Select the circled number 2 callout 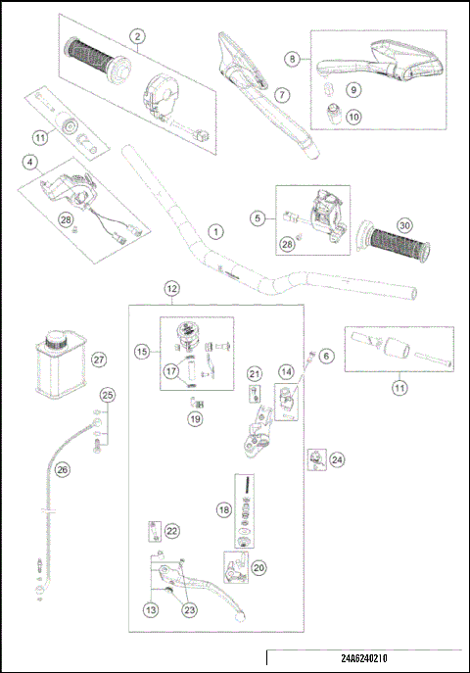coord(139,36)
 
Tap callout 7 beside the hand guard coord(281,95)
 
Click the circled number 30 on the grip coord(404,224)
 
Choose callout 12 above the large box coord(171,289)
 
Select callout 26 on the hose coord(63,470)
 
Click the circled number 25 coord(108,395)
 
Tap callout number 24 coord(337,458)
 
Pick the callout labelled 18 coord(224,510)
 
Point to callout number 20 coord(259,567)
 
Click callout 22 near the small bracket coord(171,530)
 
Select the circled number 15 coord(143,350)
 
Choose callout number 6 coord(326,357)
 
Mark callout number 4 coord(31,161)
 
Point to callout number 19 coord(195,418)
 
